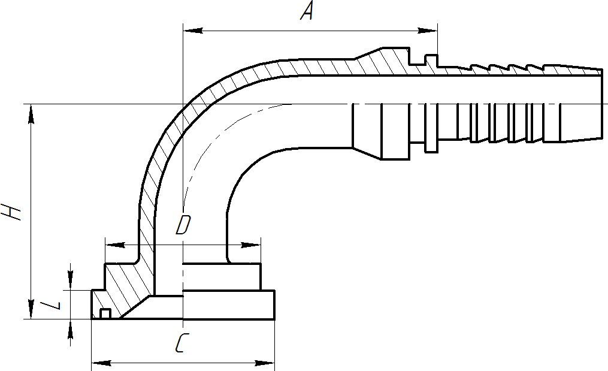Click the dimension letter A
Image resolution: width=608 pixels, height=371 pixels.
[x=307, y=11]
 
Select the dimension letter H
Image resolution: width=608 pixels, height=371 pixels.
[x=11, y=212]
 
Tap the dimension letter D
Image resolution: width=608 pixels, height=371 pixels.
[x=183, y=225]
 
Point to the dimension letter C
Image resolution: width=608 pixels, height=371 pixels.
[x=181, y=343]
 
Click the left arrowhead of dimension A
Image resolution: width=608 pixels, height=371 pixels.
[x=193, y=31]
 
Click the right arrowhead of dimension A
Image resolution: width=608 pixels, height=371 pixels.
[x=428, y=31]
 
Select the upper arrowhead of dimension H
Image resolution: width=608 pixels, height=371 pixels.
[x=31, y=114]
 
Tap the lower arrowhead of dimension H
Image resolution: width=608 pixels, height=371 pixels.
[x=31, y=309]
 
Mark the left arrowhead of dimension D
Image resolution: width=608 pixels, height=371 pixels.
[x=115, y=245]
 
